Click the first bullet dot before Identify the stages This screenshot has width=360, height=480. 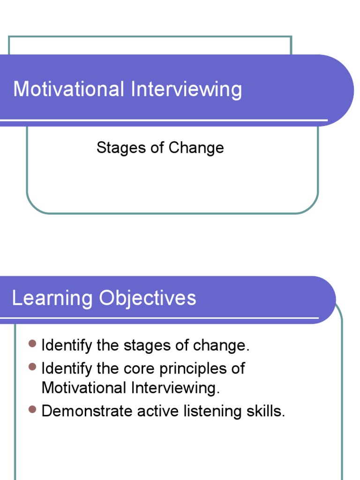[x=32, y=344]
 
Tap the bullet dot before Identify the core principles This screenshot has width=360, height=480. [x=32, y=367]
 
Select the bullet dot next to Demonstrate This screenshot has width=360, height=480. [x=32, y=409]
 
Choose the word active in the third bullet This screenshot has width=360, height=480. [x=157, y=411]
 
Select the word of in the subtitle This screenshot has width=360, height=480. [x=157, y=148]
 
